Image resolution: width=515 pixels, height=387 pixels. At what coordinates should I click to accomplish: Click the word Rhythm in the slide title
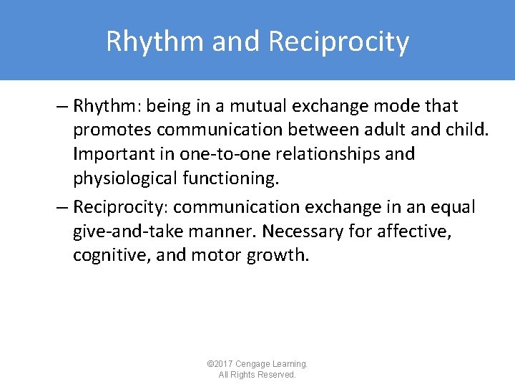(x=153, y=42)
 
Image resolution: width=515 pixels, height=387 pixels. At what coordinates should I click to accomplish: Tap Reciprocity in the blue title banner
(x=339, y=42)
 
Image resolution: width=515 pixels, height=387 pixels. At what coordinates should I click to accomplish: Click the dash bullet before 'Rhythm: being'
(x=62, y=107)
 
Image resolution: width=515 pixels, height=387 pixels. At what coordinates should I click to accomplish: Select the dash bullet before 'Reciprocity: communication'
(x=62, y=207)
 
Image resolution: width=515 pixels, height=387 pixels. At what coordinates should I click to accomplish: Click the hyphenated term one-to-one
(x=204, y=154)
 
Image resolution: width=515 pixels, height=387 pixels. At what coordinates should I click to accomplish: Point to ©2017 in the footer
(x=220, y=364)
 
